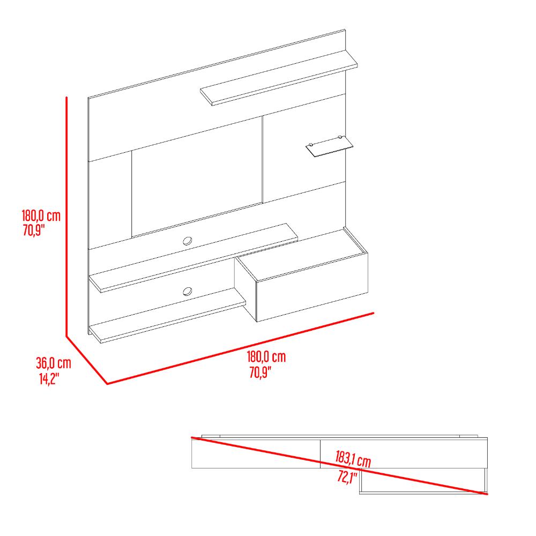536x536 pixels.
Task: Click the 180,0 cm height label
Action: (x=41, y=216)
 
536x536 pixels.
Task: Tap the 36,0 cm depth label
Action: (x=54, y=363)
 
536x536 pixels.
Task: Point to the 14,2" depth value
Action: (x=49, y=379)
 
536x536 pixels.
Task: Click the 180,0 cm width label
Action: (x=266, y=357)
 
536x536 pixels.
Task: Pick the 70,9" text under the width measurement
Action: (x=260, y=372)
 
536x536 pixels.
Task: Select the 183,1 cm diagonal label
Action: (x=353, y=459)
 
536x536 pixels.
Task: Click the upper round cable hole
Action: (x=187, y=241)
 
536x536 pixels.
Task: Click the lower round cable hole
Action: (x=187, y=292)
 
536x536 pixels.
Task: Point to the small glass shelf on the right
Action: (x=329, y=147)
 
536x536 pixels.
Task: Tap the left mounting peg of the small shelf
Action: (x=310, y=145)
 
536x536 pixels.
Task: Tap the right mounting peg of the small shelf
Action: (x=340, y=137)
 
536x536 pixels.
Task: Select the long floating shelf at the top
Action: (x=279, y=78)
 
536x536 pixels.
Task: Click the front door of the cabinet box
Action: (x=312, y=287)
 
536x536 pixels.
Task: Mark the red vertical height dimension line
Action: (x=66, y=217)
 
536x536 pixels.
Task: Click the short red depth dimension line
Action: (x=87, y=360)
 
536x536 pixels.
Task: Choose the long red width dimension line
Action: (x=241, y=348)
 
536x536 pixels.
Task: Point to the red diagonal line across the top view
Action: (x=339, y=466)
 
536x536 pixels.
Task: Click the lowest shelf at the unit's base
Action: (x=167, y=322)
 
